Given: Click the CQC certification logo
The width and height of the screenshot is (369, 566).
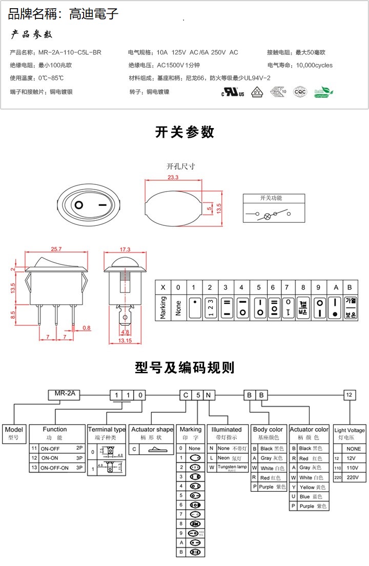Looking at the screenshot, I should click(300, 92).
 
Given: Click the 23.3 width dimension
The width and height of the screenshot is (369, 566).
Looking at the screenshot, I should click(173, 177).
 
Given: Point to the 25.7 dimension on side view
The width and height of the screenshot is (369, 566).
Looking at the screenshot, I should click(56, 249).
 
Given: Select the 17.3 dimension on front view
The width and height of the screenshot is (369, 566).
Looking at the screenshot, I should click(125, 249).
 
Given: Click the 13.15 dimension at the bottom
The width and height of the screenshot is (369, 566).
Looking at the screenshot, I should click(125, 340).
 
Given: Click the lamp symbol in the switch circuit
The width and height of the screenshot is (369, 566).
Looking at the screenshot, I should click(266, 216).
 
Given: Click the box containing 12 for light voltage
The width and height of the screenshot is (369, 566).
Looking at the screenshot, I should click(349, 395).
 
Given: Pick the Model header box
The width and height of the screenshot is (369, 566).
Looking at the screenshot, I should click(14, 433).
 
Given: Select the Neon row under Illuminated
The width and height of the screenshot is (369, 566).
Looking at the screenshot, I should click(228, 458).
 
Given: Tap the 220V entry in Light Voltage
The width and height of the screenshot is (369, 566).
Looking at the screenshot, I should click(349, 477).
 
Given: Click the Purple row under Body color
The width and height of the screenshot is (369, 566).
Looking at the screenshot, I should click(269, 487).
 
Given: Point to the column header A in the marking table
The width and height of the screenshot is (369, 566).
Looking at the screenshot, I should click(336, 287).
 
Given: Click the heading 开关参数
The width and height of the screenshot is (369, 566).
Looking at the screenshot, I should click(184, 132).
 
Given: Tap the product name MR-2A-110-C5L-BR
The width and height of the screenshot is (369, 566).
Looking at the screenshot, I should click(70, 52).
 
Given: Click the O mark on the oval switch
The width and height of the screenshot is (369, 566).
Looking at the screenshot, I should click(79, 206).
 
